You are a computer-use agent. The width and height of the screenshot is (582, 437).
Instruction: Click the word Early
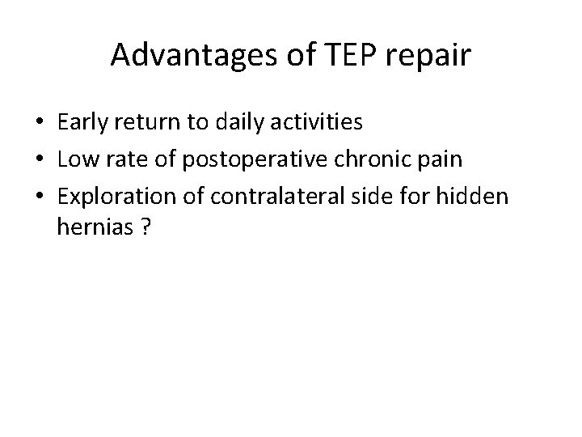(84, 123)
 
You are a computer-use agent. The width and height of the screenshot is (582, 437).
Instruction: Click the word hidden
(482, 195)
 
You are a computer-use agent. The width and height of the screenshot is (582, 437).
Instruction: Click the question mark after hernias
(145, 227)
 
